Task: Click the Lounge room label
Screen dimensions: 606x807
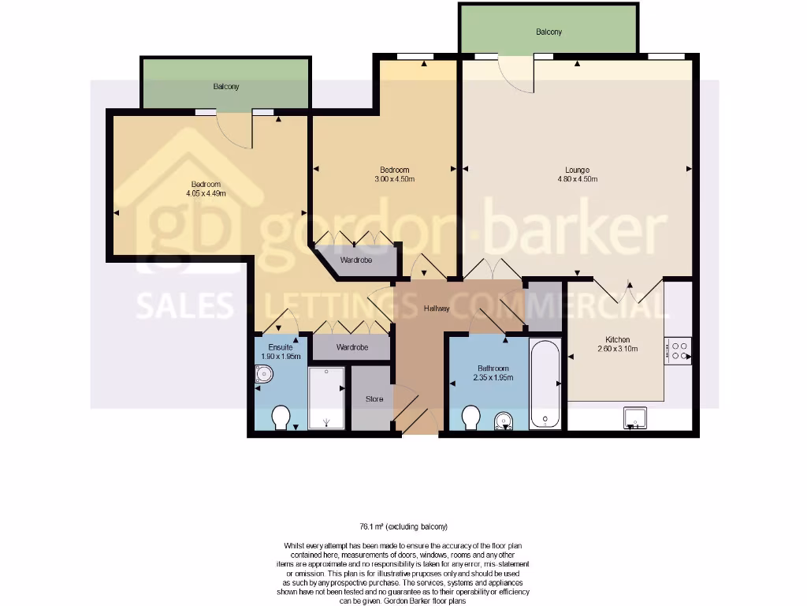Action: tap(577, 170)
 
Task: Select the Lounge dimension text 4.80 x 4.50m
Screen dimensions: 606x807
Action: tap(577, 179)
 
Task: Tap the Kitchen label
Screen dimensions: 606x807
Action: tap(617, 339)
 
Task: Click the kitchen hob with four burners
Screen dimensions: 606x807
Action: tap(679, 350)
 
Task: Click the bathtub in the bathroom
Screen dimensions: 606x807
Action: tap(545, 384)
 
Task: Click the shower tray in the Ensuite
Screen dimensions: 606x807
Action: tap(326, 397)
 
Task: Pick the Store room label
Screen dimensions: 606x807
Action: tap(374, 399)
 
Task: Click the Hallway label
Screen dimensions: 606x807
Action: tap(436, 309)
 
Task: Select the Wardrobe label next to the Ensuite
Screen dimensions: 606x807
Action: tap(351, 347)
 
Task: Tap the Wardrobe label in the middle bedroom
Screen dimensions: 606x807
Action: tap(355, 260)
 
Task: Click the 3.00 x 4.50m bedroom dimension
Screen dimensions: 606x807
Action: tap(394, 179)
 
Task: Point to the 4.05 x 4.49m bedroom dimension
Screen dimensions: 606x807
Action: tap(206, 193)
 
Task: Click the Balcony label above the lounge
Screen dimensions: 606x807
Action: tap(549, 32)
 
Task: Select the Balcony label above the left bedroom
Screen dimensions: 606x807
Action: tap(225, 87)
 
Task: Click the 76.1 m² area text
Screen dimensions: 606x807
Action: tap(403, 526)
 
